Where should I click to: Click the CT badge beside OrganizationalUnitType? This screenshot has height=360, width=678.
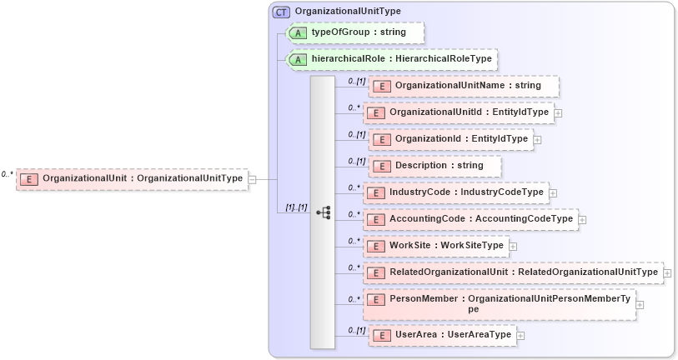pos(282,12)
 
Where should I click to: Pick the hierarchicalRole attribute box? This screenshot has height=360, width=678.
pos(392,60)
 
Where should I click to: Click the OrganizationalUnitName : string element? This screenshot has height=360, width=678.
pos(464,86)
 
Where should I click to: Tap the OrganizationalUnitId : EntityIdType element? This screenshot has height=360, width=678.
pos(459,112)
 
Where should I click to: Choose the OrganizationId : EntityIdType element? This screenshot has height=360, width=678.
pos(451,139)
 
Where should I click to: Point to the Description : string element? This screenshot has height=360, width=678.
pos(434,166)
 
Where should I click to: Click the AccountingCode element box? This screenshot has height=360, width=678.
pos(470,219)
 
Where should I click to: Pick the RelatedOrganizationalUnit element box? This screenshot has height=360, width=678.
pos(513,272)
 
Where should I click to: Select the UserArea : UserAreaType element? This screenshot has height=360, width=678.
pos(442,335)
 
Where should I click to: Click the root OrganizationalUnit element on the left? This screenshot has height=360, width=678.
pos(133,178)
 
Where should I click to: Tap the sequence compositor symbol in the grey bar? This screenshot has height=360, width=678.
pos(323,213)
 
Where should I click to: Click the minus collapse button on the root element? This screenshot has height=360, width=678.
pos(252,178)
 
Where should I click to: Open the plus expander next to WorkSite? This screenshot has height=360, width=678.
pos(513,247)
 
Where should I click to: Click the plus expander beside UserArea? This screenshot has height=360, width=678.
pos(520,336)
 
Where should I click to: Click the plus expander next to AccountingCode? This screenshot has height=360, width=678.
pos(582,220)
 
